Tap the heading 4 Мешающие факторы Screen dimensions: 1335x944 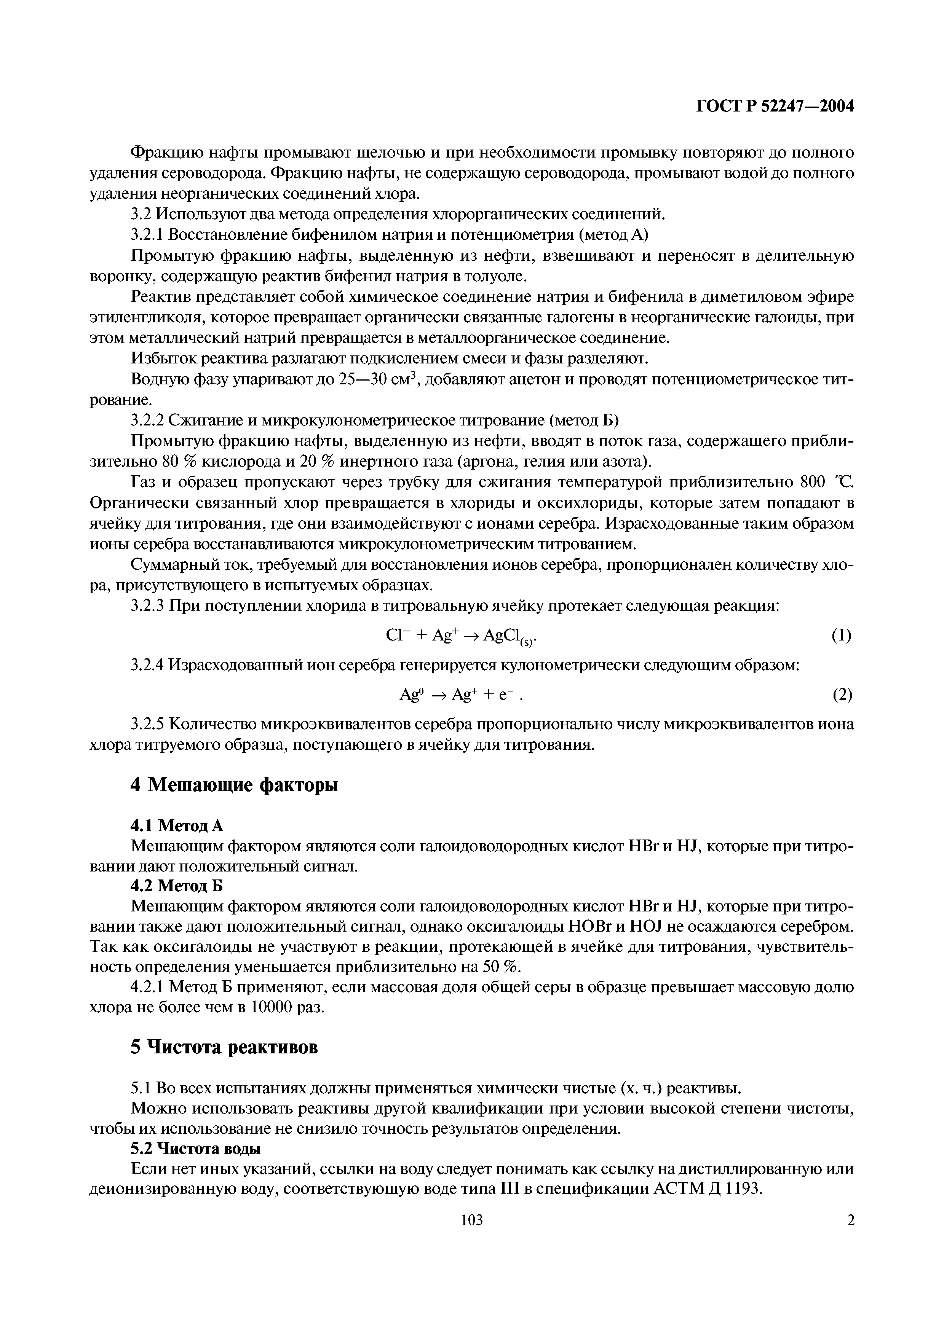click(x=234, y=785)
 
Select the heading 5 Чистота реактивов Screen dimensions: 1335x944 click(x=225, y=1047)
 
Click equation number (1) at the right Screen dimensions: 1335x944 click(x=841, y=636)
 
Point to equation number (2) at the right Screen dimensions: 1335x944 click(x=842, y=695)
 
